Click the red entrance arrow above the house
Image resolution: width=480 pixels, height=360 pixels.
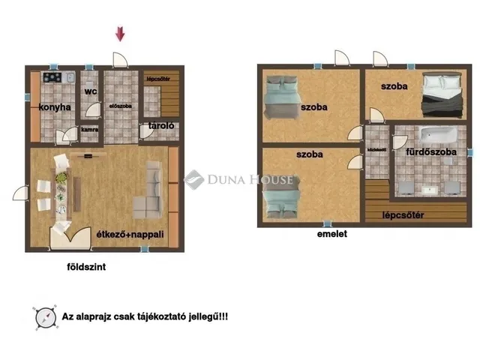click(x=119, y=34)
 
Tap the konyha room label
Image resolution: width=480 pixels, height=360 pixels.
click(x=55, y=107)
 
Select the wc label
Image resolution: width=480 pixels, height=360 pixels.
click(x=91, y=91)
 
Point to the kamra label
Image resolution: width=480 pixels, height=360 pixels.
click(x=90, y=128)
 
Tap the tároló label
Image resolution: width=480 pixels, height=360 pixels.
click(x=161, y=125)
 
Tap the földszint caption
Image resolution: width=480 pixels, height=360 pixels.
click(x=87, y=266)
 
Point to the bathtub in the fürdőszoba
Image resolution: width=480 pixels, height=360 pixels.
click(x=437, y=135)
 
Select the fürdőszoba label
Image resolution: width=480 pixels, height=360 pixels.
click(x=430, y=151)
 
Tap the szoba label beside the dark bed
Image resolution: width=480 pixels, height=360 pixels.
click(x=394, y=87)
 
